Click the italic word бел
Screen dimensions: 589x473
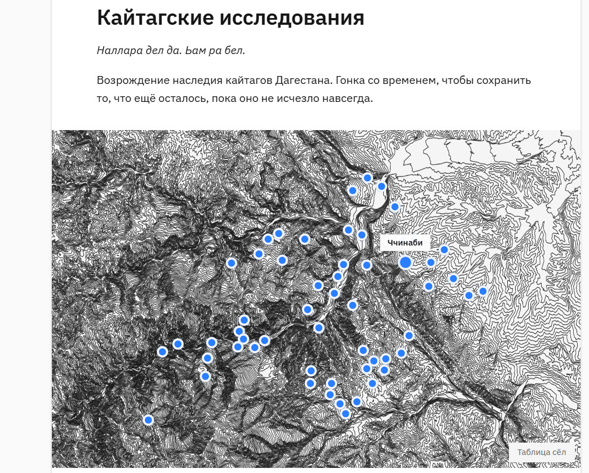[x=236, y=51]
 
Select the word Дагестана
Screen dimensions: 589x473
[x=304, y=81]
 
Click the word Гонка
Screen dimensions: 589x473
[x=352, y=81]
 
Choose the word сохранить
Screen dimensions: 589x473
[x=505, y=81]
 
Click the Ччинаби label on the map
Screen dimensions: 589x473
[x=405, y=243]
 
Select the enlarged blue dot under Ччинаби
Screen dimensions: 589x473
[x=405, y=262]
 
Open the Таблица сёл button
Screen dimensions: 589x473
[x=541, y=452]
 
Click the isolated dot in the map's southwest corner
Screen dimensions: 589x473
[x=148, y=420]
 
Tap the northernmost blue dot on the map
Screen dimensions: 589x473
[x=367, y=178]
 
